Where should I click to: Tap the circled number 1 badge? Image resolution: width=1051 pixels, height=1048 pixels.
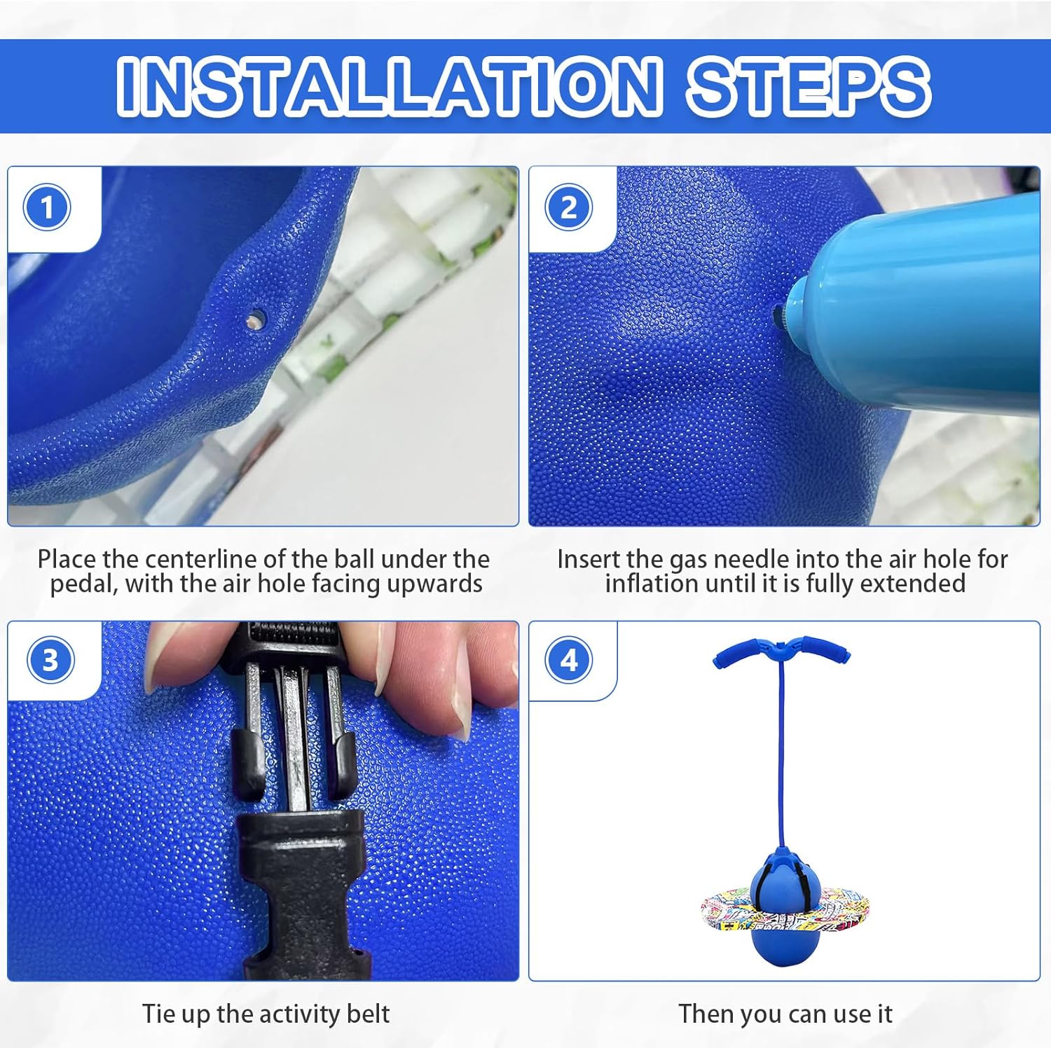point(47,207)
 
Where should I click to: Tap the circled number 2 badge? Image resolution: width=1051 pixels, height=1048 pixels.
point(568,207)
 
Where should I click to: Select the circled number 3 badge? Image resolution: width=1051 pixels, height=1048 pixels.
point(50,660)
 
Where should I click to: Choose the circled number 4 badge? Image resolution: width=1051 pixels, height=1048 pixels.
point(569,660)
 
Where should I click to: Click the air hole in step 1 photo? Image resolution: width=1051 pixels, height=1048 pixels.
point(256,319)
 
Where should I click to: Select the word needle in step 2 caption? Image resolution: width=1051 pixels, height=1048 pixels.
point(745,559)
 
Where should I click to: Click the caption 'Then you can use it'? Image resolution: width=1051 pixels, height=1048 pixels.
point(785,1014)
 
